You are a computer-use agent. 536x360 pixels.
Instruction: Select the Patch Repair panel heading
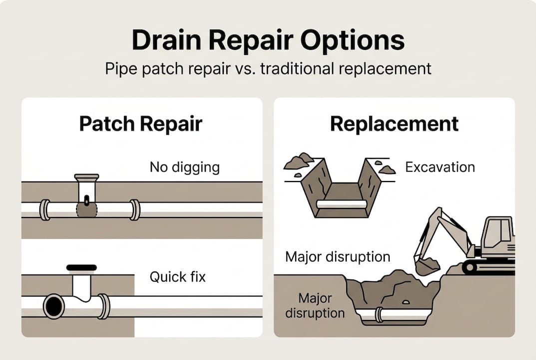tap(141, 123)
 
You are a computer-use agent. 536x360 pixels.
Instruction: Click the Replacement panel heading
tap(394, 123)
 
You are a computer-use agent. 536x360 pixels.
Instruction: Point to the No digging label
tap(184, 167)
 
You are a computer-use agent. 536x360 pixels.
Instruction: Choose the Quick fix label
tap(177, 276)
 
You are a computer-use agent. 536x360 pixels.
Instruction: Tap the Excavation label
tap(440, 166)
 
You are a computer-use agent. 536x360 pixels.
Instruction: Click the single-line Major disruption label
tap(337, 257)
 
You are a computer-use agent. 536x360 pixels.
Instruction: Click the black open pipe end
tap(53, 306)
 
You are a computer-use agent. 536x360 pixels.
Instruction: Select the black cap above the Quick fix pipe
tap(81, 267)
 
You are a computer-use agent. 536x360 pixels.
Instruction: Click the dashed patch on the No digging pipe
tap(87, 210)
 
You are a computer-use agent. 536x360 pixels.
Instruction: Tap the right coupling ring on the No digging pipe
tap(135, 209)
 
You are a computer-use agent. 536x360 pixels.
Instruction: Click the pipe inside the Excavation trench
tap(342, 204)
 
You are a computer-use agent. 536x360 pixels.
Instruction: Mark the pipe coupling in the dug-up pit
tap(379, 314)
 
